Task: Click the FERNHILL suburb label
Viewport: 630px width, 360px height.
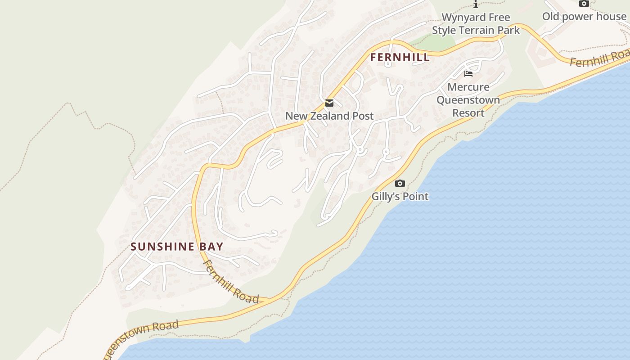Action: tap(400, 58)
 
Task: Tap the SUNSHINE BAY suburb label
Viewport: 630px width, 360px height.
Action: tap(177, 247)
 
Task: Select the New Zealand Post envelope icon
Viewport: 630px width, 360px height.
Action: tap(329, 103)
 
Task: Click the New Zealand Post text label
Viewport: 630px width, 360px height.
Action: tap(329, 116)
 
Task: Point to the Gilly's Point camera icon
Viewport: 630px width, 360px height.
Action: tap(400, 183)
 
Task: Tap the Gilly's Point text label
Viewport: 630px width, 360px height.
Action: tap(400, 196)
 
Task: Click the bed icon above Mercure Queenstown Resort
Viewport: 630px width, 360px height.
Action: tap(468, 74)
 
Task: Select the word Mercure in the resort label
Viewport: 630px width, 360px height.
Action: tap(468, 87)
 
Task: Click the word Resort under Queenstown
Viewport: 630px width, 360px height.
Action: tap(468, 112)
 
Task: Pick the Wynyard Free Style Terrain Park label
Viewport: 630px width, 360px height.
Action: tap(476, 24)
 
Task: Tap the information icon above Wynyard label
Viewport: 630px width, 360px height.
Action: tap(476, 4)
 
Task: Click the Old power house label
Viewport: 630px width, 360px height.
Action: tap(584, 17)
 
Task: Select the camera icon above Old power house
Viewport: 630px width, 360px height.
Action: tap(584, 4)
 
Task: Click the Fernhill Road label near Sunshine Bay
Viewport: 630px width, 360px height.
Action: tap(231, 282)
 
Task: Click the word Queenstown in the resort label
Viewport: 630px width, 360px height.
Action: tap(468, 100)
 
